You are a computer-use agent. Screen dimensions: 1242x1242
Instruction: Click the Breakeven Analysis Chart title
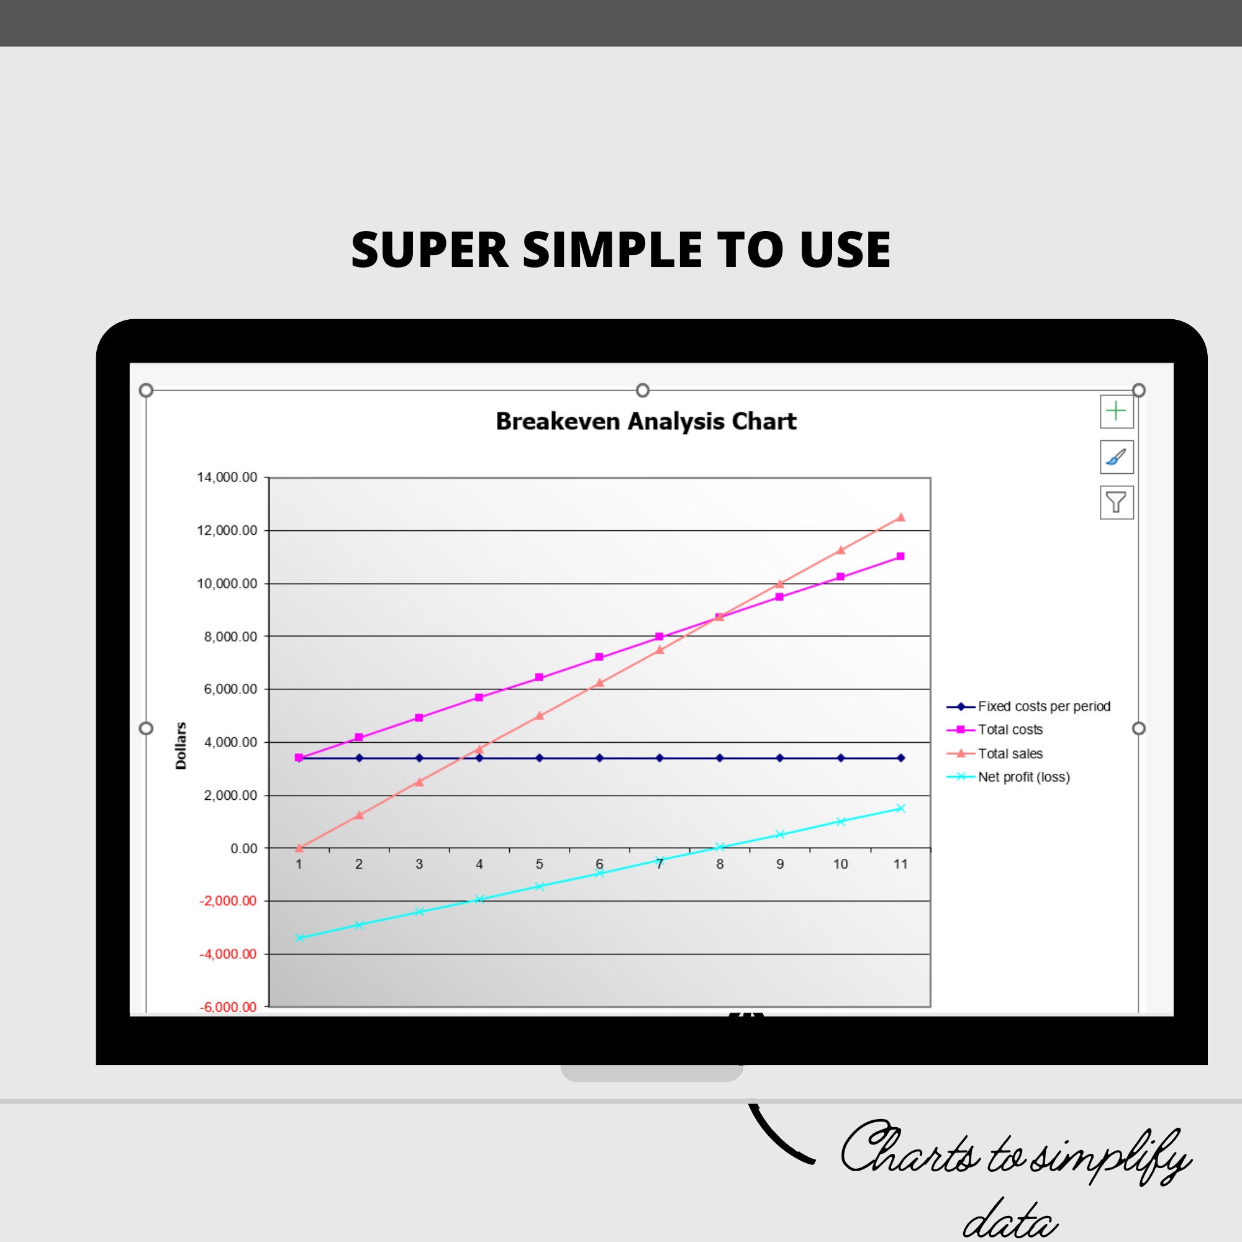645,421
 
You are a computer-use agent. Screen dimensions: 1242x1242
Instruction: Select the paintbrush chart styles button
1116,457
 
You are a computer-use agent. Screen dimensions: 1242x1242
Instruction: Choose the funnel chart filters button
1116,502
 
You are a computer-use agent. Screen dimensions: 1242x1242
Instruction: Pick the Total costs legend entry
1009,730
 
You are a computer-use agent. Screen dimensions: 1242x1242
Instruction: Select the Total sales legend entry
1009,753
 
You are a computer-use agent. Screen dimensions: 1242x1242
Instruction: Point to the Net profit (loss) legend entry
1023,777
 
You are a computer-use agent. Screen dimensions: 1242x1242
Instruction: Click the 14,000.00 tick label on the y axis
227,477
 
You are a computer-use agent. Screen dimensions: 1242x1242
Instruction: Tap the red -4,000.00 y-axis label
227,954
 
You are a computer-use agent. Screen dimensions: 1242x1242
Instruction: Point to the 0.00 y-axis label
243,848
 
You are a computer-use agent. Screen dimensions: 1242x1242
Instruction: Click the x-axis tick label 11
900,864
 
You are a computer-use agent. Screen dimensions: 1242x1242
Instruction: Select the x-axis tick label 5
540,864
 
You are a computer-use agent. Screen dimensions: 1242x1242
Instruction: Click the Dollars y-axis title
181,746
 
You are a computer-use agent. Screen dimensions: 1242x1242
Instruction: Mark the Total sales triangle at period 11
900,517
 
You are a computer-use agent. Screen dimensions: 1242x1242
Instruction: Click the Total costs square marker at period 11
900,556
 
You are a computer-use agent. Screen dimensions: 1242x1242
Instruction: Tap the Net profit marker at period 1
299,938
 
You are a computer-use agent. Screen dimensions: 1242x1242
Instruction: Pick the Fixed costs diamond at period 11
900,758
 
